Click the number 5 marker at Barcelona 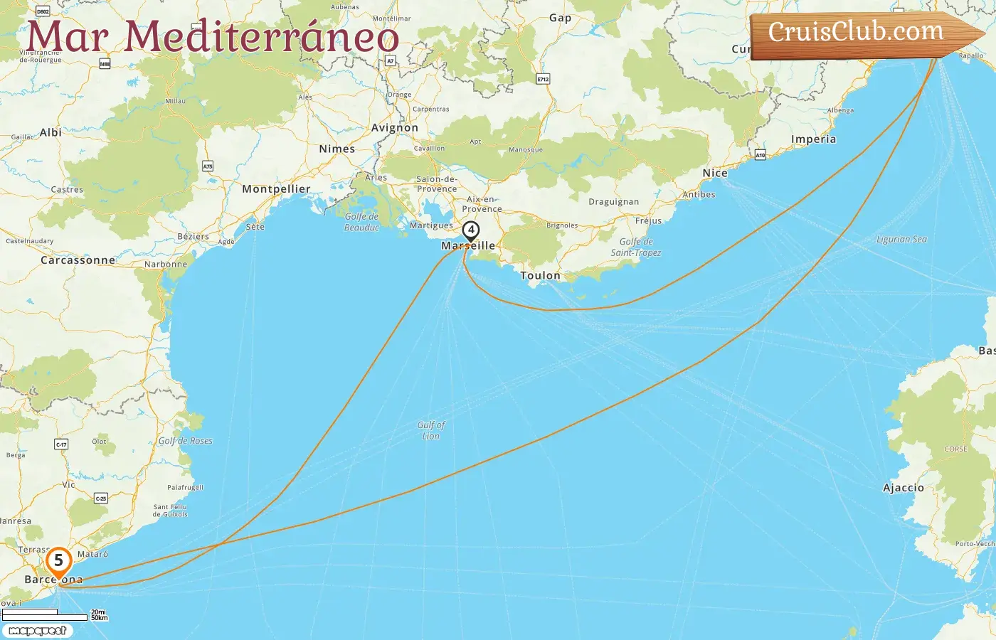58,561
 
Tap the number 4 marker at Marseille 470,230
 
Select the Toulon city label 540,275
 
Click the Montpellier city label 276,189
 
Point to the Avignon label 395,128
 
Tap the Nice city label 715,173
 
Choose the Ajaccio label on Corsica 903,488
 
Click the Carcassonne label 78,260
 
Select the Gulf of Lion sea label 431,430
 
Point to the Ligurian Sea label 901,240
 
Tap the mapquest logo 38,631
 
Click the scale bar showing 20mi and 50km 53,614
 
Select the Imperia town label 813,139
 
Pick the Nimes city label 337,149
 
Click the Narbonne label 166,265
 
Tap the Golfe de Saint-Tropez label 636,247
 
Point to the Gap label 560,18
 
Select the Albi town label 51,132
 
